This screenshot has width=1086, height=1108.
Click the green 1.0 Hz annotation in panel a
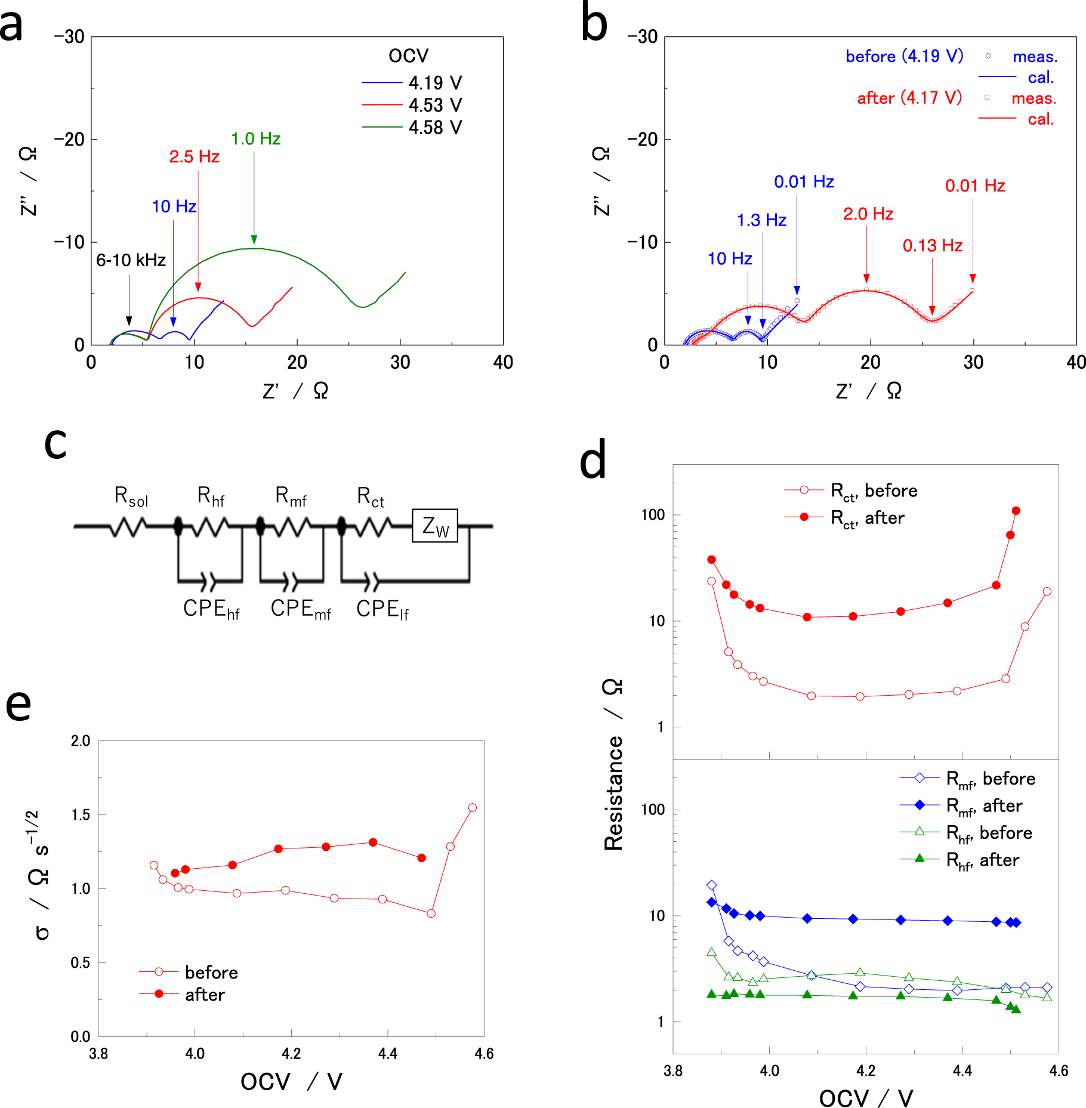(255, 139)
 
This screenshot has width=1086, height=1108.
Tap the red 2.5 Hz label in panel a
(194, 157)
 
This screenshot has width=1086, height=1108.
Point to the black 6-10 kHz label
(131, 260)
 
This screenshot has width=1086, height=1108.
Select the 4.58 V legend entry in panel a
(434, 128)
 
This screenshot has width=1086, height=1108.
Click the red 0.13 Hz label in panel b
(932, 246)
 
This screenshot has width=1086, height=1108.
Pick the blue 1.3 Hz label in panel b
(761, 220)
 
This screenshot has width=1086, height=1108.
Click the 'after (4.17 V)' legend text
(909, 98)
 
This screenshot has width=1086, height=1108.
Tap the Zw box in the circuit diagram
(434, 526)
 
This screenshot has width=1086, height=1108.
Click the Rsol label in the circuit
(131, 496)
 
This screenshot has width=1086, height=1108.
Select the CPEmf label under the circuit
(300, 609)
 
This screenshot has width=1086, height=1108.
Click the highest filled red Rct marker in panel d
(1016, 511)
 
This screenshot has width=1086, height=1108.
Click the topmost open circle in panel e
(472, 807)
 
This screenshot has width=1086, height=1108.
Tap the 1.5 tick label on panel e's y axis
(81, 815)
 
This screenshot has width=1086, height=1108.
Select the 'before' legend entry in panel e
(211, 973)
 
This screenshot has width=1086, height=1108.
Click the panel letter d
(593, 461)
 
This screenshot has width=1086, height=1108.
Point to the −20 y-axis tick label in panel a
(68, 140)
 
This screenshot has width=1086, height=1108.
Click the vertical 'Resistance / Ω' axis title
(613, 764)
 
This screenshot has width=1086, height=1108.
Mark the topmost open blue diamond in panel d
(711, 885)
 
